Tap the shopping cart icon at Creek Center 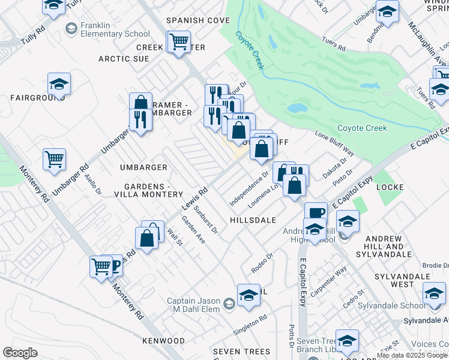178,43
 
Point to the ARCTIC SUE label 124,59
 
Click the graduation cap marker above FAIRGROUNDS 59,85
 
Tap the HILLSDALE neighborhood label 252,220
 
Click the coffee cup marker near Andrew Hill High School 316,213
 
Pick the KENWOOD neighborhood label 163,341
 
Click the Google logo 20,353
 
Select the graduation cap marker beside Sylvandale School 434,294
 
